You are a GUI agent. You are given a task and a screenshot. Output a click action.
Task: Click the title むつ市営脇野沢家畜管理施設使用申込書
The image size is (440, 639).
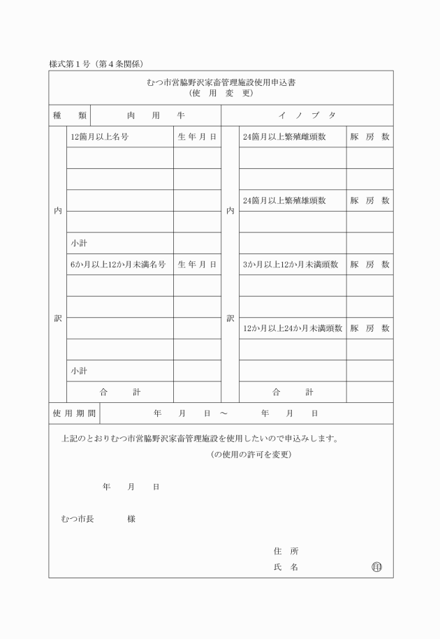221,82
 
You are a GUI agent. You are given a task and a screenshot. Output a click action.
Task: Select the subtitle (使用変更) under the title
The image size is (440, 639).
221,93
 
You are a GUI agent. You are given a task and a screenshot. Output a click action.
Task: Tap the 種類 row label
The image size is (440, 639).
70,115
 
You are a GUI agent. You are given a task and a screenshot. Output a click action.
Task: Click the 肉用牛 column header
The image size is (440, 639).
156,115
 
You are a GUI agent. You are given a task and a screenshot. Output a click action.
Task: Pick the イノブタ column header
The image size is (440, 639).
307,115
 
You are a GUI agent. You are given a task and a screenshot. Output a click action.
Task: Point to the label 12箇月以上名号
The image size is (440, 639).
99,137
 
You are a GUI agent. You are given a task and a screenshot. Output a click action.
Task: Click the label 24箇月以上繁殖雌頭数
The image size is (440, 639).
284,137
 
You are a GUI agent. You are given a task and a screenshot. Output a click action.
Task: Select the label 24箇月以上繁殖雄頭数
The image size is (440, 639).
284,200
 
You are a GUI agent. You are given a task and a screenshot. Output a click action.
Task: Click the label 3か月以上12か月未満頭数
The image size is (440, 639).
290,265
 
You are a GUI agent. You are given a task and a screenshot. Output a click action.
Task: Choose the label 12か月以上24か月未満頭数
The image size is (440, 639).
292,328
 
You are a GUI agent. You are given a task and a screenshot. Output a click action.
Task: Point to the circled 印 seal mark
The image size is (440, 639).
376,567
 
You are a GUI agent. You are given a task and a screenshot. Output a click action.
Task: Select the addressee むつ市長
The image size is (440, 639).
78,519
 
